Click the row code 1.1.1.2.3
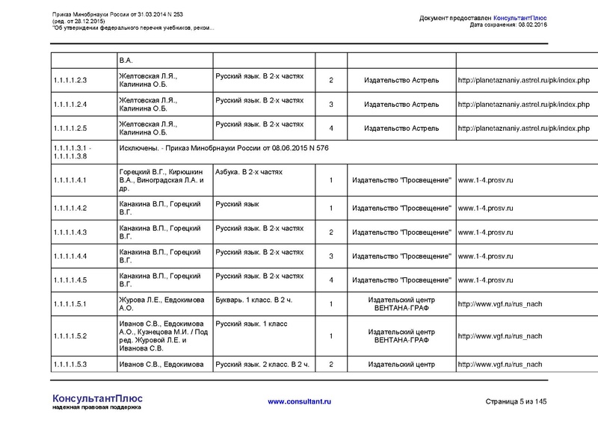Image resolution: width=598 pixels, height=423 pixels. [x=72, y=80]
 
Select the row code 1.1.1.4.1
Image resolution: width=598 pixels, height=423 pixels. [x=72, y=181]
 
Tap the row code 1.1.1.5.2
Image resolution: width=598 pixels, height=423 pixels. [x=72, y=336]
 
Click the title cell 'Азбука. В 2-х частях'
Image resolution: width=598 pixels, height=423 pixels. [x=249, y=172]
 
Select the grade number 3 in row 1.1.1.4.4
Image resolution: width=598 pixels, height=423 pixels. [x=330, y=256]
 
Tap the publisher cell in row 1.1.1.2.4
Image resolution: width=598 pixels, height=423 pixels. [x=404, y=105]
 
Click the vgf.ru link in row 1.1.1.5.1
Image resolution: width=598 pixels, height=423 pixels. [x=499, y=304]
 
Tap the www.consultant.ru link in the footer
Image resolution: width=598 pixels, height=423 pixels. [x=299, y=402]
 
